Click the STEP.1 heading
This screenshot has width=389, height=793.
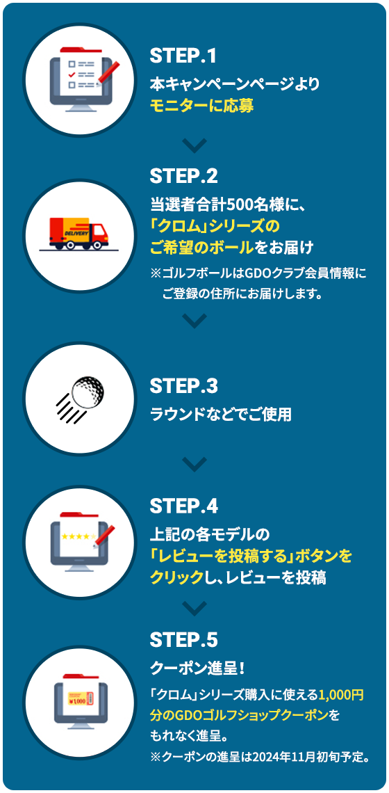183,56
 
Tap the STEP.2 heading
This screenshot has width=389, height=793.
184,176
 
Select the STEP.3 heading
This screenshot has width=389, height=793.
184,387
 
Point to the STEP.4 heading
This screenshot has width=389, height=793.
184,506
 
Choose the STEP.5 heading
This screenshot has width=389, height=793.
184,640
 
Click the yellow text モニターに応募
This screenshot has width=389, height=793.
201,106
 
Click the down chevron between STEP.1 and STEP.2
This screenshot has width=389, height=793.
194,145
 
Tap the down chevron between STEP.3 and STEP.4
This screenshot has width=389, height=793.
194,464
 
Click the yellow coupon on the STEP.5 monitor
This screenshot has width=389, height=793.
80,698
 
